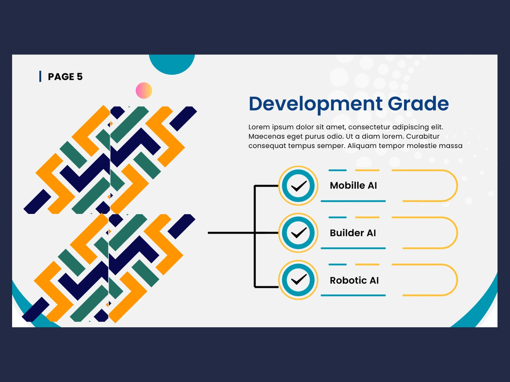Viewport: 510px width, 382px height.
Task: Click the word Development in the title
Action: point(316,104)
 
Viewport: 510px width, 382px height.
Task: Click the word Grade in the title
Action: point(418,103)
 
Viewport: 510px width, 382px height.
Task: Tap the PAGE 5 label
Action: point(65,77)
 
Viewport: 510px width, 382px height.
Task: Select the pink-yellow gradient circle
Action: point(144,90)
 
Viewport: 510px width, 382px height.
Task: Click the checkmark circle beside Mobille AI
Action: point(298,186)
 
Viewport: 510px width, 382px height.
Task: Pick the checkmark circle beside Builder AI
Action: point(298,233)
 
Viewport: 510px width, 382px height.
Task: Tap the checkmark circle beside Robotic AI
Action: point(298,280)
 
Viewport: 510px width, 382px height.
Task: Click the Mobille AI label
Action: point(353,186)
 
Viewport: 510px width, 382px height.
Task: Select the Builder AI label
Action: point(353,233)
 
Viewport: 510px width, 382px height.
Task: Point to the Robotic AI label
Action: point(354,280)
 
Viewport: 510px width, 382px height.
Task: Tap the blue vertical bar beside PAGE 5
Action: point(40,76)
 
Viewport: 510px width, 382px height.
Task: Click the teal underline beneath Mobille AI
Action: point(353,201)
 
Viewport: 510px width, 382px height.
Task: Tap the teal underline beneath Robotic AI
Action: point(353,295)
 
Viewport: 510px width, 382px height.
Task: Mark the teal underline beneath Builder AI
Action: point(353,248)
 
